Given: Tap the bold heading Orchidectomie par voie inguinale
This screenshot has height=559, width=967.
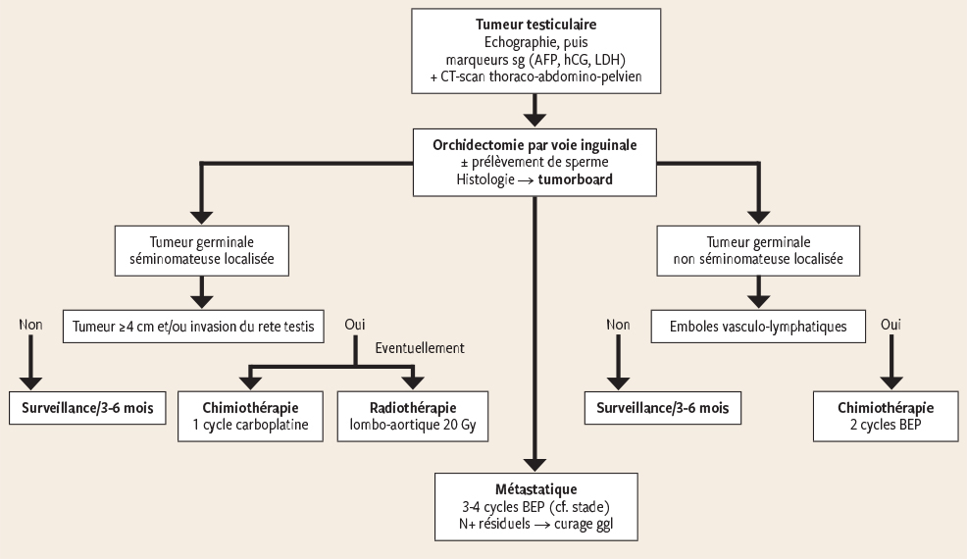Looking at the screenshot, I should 534,144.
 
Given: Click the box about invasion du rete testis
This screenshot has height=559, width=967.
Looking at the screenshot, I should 197,326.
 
